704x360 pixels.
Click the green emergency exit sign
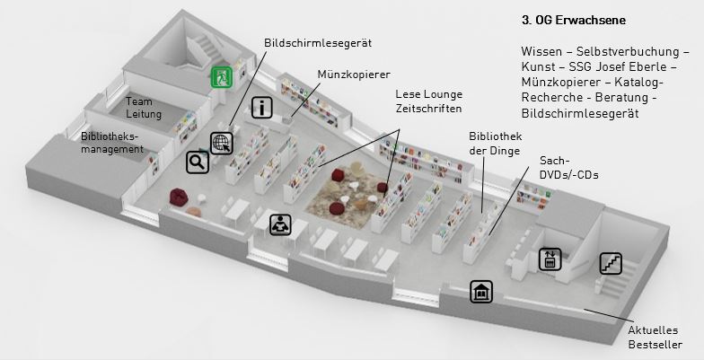[222, 77]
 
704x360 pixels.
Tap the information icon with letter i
[262, 108]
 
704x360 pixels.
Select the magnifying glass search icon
[198, 162]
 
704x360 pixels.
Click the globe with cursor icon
[221, 144]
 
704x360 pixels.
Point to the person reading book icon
[280, 224]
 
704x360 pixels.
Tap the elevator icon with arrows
[550, 259]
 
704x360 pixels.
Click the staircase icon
[611, 264]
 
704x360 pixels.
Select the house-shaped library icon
[481, 291]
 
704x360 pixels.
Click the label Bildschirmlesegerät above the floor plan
[318, 43]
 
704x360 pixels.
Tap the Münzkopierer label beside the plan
[354, 74]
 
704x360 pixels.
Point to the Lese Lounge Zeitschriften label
[429, 101]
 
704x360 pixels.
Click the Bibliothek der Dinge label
[496, 144]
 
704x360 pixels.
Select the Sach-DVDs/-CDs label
[569, 168]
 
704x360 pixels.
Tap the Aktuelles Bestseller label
[656, 338]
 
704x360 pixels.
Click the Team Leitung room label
[144, 108]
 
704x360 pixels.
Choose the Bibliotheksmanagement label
[112, 142]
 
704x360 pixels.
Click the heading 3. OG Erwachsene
[574, 20]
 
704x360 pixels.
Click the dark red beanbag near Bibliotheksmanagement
[178, 198]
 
